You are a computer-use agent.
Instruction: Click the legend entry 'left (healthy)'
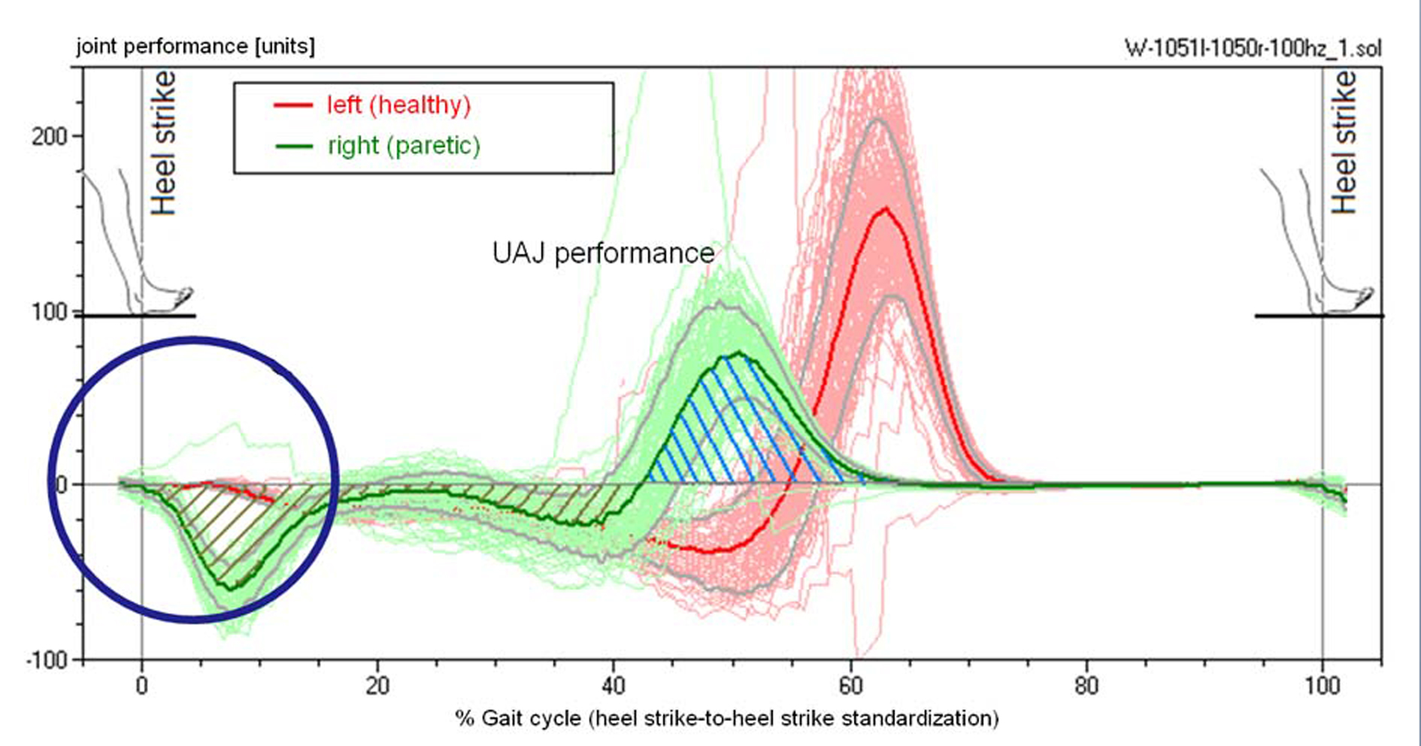click(398, 105)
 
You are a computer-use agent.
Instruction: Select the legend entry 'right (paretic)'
click(404, 145)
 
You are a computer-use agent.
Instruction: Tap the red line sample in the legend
click(293, 105)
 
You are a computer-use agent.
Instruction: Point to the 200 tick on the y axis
click(50, 136)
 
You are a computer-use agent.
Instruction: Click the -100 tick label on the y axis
click(47, 660)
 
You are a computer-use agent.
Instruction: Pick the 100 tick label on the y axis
click(50, 311)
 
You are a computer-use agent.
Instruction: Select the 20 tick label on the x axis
click(377, 686)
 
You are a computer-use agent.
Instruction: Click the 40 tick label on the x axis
click(614, 686)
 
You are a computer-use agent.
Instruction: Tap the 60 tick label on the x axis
click(850, 686)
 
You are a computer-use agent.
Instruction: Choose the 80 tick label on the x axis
click(1086, 686)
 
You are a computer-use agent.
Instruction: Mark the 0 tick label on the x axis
click(141, 686)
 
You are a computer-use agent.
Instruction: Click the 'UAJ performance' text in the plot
click(603, 253)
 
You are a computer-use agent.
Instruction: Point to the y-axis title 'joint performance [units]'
click(195, 47)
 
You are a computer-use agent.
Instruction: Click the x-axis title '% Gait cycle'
click(726, 718)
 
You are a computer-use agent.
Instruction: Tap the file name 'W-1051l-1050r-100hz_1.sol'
click(1253, 48)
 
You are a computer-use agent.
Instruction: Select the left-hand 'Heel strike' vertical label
click(164, 143)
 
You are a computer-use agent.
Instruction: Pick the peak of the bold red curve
click(885, 209)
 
